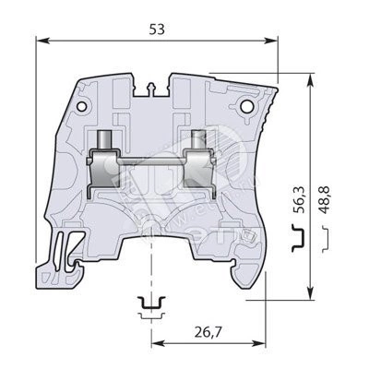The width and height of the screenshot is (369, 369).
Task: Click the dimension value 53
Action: pos(157,30)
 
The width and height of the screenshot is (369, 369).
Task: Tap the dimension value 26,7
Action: pos(208,332)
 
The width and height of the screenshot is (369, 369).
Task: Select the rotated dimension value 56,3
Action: pos(298,199)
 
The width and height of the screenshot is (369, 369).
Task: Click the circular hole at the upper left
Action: pos(82,106)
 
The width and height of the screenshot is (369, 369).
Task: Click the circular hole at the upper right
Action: pos(246,106)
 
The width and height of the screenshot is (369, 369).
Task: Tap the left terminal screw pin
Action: pos(105,140)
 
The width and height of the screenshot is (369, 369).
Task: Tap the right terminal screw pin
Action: pos(199,140)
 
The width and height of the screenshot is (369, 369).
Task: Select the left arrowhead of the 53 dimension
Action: pos(43,41)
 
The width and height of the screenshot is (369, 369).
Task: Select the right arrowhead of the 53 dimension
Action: pos(271,41)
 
